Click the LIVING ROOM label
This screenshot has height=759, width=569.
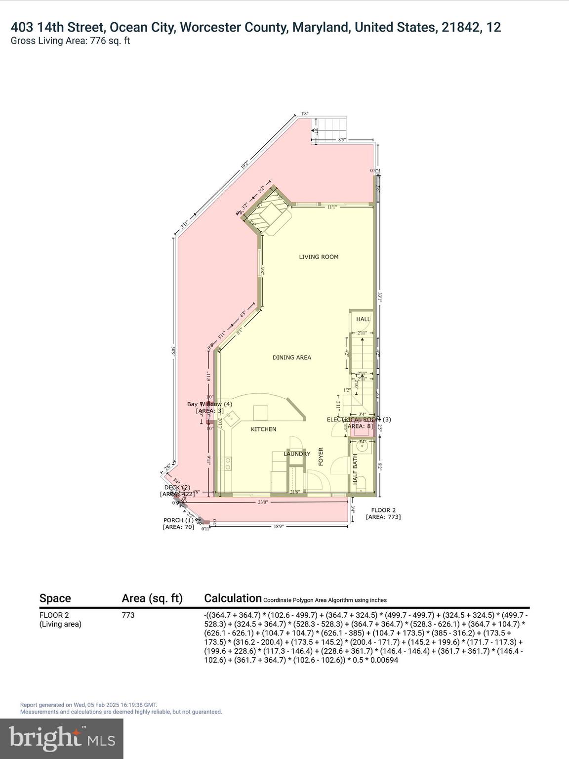(319, 256)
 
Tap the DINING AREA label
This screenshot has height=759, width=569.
(292, 357)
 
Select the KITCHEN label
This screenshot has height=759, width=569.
(263, 429)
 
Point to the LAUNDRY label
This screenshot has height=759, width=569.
(297, 454)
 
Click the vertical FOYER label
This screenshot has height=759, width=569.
(321, 457)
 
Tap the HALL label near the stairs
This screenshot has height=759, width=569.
(363, 319)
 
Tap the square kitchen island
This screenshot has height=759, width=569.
(261, 412)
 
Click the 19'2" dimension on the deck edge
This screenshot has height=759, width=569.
(244, 165)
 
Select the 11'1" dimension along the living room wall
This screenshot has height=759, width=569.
(332, 207)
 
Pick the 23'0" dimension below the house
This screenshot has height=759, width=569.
(262, 502)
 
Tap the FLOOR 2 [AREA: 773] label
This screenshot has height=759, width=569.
(383, 513)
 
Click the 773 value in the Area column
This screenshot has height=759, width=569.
(128, 615)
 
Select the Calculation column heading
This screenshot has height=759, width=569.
(233, 598)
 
